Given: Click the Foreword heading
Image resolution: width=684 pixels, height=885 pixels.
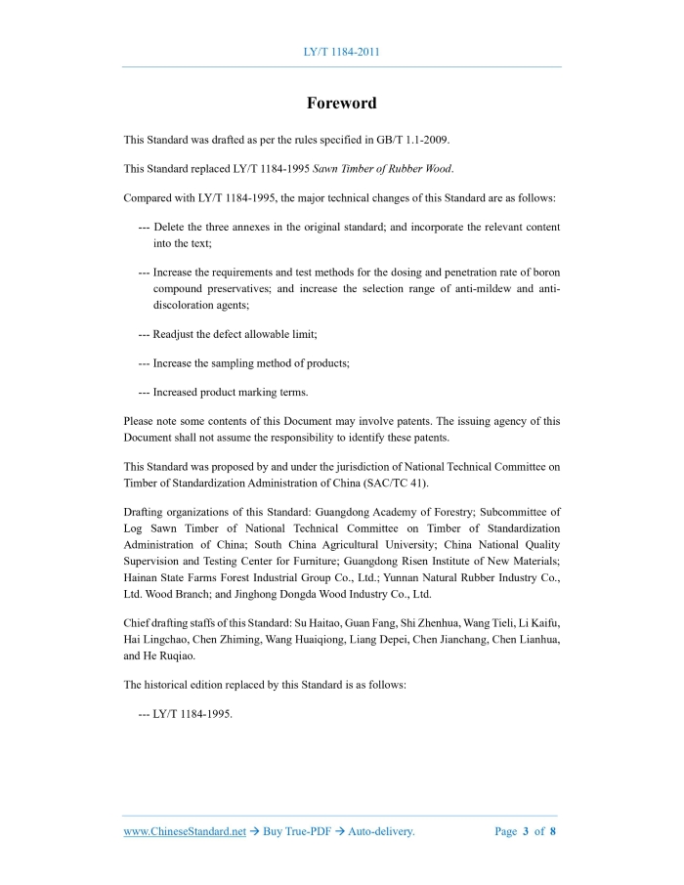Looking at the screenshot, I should [341, 103].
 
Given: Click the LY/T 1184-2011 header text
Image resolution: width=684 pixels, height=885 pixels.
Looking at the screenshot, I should [341, 51].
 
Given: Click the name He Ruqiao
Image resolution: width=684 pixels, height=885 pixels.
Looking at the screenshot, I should [172, 656].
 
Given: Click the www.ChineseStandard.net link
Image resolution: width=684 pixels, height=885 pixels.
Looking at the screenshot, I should [185, 831].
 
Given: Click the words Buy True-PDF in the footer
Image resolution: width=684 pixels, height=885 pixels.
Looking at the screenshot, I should [293, 831].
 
